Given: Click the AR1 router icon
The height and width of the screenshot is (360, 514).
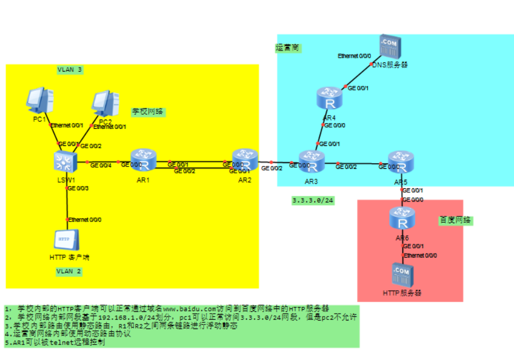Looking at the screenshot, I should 143,161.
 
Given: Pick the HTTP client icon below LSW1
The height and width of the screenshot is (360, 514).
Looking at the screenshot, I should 67,241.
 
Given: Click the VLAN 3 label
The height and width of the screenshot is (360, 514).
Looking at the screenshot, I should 70,70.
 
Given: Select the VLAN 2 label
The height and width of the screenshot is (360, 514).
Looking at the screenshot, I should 69,271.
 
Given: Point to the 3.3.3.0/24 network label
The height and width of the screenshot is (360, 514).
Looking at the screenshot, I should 313,201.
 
